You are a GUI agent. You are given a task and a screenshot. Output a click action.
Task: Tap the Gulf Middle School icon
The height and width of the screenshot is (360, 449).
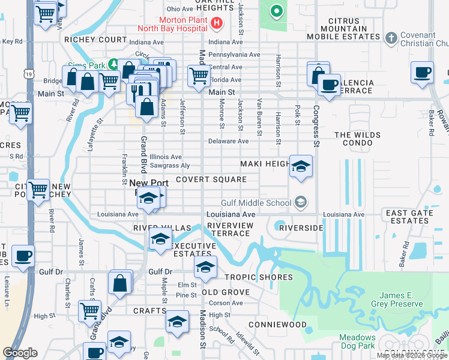(x=300, y=203)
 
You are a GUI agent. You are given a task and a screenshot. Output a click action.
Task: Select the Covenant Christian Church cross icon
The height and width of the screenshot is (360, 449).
(x=391, y=38)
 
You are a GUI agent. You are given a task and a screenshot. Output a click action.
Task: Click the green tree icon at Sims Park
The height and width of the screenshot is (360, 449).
(x=113, y=64)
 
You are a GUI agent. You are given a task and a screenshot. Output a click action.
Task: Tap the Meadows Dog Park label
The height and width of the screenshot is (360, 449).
(x=358, y=342)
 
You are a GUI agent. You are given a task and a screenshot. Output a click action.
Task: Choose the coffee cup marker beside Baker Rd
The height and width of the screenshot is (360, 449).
(x=423, y=73)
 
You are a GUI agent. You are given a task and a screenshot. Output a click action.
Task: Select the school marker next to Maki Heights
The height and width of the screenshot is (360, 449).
(x=301, y=166)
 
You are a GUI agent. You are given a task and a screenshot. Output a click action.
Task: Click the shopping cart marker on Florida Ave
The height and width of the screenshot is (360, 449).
(x=198, y=76)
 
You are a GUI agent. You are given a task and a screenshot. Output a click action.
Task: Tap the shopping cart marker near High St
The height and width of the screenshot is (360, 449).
(x=89, y=311)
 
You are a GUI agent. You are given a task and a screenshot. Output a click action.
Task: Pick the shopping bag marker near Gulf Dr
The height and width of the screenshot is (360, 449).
(x=120, y=283)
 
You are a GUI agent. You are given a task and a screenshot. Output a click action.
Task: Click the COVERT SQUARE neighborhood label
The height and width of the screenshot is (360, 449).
(x=211, y=179)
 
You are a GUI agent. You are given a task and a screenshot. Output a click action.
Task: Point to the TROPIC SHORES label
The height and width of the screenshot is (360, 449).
(x=259, y=277)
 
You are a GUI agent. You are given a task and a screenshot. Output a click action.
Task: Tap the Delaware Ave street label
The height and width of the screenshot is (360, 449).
(x=228, y=142)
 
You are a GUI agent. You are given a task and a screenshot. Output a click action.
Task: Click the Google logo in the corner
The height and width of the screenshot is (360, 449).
(x=20, y=353)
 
